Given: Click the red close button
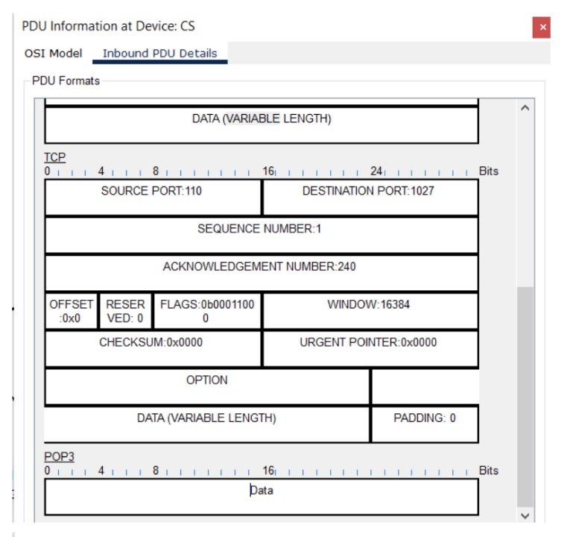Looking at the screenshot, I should click(542, 28).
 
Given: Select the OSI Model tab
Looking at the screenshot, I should click(54, 54).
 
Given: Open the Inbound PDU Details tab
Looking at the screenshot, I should click(159, 54).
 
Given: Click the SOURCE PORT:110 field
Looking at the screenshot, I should click(152, 197).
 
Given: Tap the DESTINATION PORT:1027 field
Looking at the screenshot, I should click(369, 197).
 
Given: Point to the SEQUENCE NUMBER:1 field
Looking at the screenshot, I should click(260, 235).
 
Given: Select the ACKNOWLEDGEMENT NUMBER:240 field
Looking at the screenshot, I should click(260, 272).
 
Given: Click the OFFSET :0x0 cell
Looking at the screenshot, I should click(72, 311).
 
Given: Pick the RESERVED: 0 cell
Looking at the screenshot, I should click(125, 311).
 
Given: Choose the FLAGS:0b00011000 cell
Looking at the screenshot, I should click(206, 311).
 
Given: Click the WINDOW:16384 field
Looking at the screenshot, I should click(369, 310).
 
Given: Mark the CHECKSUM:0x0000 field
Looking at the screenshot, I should click(152, 348).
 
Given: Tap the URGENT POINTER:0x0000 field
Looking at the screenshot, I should click(369, 348).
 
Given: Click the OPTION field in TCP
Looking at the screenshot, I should click(207, 386).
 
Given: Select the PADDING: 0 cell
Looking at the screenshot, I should click(425, 424).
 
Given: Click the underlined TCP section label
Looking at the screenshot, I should click(55, 157).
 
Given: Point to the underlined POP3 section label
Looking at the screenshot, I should click(60, 456).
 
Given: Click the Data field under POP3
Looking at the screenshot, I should click(261, 496).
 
